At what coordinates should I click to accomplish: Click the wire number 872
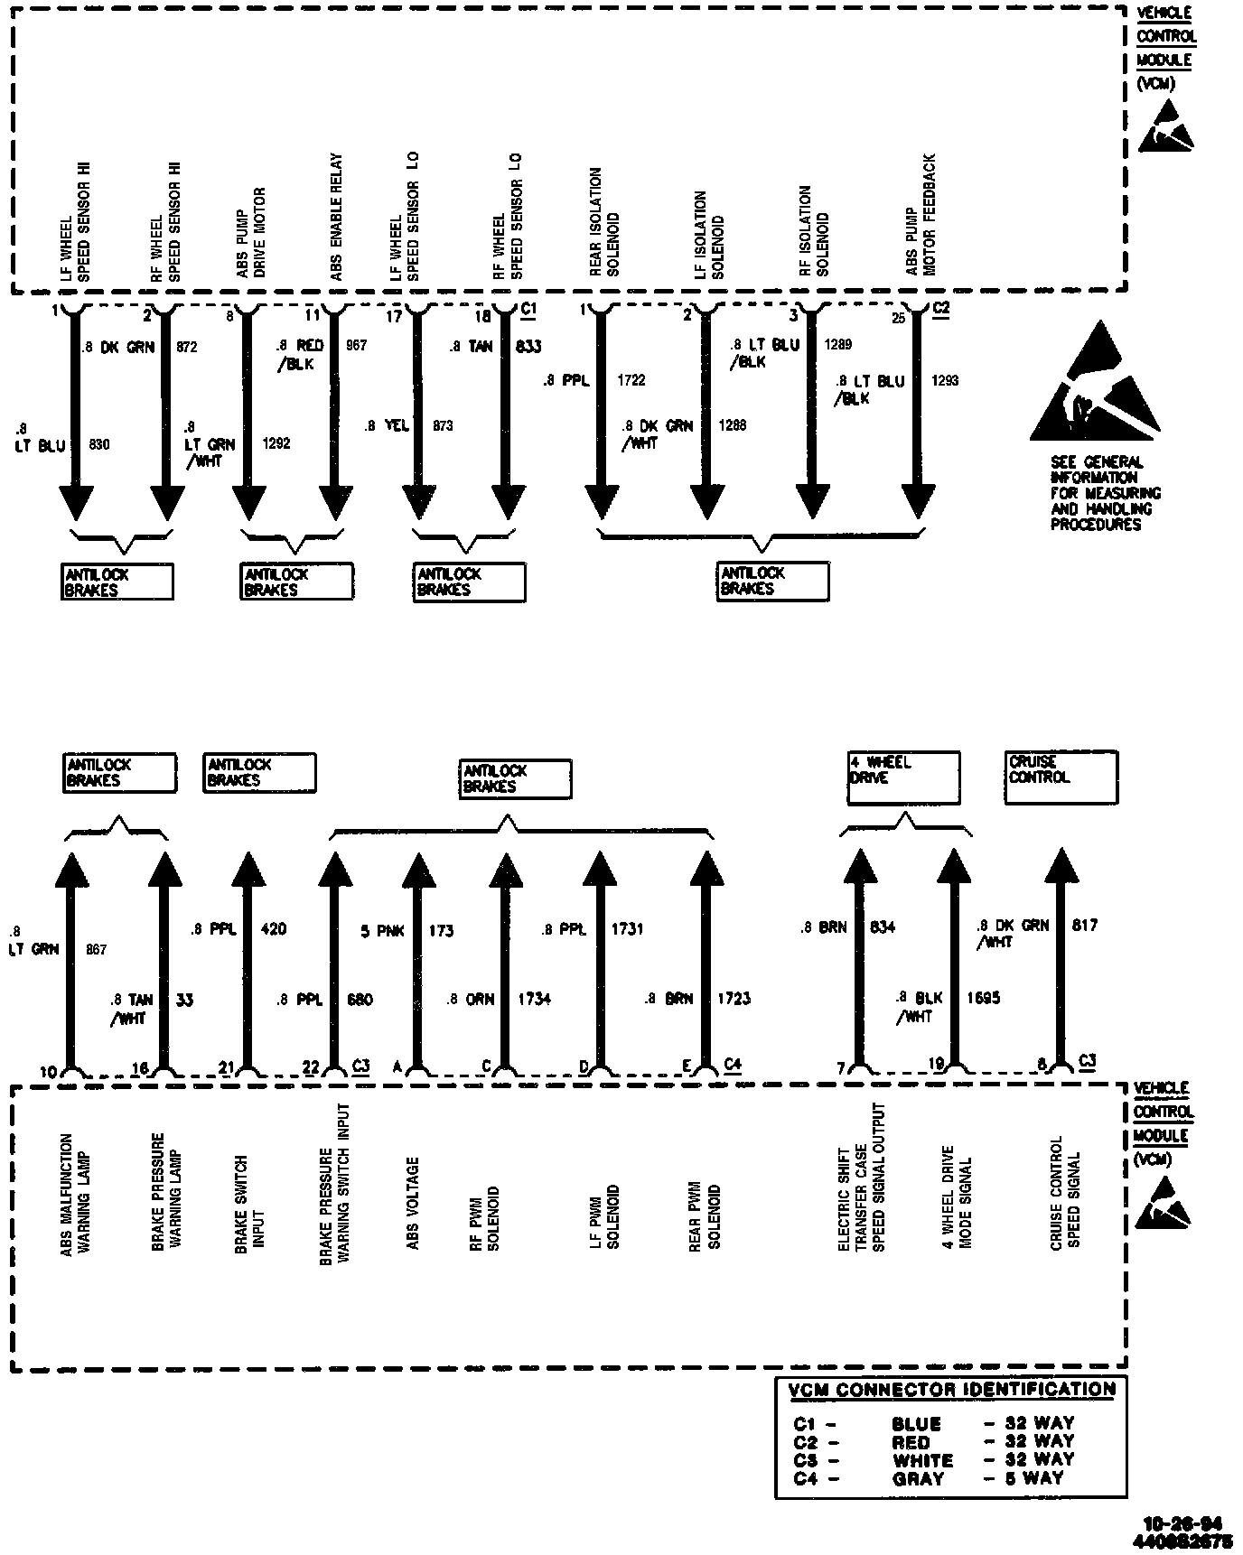click(x=187, y=347)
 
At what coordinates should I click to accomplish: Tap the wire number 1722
click(x=631, y=380)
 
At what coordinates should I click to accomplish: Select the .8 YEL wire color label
click(x=387, y=425)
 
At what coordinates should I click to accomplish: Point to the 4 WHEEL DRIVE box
click(x=902, y=777)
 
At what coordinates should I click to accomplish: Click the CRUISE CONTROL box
click(x=1061, y=777)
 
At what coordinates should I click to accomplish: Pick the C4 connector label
click(x=733, y=1065)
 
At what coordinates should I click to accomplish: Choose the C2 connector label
click(x=940, y=309)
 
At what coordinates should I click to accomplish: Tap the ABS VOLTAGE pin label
click(x=413, y=1203)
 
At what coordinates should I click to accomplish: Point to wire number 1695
click(x=983, y=998)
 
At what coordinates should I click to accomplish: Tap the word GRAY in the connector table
click(x=918, y=1479)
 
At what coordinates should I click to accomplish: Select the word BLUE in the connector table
click(x=916, y=1424)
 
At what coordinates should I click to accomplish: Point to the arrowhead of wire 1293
click(x=918, y=501)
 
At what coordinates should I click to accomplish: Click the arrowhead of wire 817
click(x=1061, y=867)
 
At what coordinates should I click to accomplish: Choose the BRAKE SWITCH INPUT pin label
click(x=249, y=1203)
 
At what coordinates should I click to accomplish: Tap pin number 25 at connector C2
click(x=899, y=318)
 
